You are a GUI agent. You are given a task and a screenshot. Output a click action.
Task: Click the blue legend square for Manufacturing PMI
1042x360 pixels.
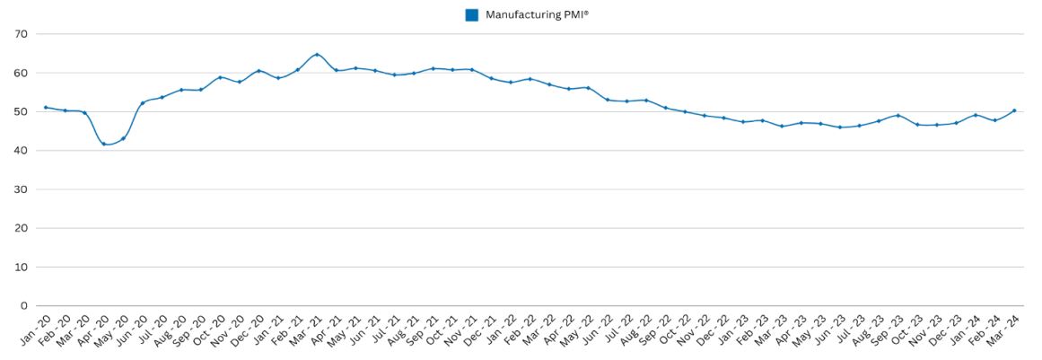pos(472,14)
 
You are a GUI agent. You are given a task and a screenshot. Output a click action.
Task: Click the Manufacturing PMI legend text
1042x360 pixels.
pos(537,14)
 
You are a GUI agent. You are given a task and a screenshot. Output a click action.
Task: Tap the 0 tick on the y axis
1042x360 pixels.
pos(25,306)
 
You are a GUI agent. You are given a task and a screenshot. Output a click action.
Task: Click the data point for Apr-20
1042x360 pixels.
pos(104,144)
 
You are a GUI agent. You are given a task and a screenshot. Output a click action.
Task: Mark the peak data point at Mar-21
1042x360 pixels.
pos(317,55)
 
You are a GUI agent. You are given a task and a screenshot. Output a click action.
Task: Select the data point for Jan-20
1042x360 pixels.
pos(46,108)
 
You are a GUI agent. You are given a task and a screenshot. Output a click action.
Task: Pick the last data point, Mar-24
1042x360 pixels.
pos(1014,110)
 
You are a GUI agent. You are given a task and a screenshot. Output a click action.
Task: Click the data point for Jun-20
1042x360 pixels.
pos(143,102)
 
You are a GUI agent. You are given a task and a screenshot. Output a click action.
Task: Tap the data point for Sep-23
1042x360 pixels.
pos(898,115)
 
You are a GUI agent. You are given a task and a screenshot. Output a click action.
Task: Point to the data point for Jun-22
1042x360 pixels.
pos(608,100)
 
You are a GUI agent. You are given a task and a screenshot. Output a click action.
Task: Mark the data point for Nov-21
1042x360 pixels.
pos(472,69)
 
